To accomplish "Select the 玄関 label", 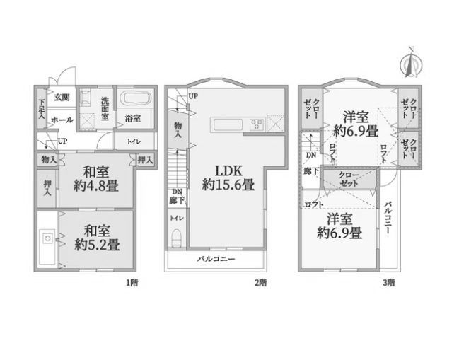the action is tap(62, 97).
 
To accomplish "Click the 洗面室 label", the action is tap(105, 109).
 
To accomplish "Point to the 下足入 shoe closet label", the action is tap(42, 109).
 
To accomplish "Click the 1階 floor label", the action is tap(132, 283).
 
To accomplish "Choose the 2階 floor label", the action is tap(260, 283).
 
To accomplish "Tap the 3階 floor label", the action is tap(388, 283).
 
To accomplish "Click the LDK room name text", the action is tap(228, 170).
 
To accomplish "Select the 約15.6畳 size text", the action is tap(228, 185).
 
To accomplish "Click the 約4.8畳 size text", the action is tap(96, 185).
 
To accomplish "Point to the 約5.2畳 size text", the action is tap(97, 245).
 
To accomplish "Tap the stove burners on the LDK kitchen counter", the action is tap(257, 124).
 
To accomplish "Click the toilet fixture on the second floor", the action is tap(176, 238).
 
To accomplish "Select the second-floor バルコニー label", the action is tap(216, 259).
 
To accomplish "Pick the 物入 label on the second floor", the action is tap(178, 130).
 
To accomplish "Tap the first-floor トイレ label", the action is tap(134, 141).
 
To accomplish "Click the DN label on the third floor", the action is tap(311, 155).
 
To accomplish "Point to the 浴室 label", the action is tap(132, 119).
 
